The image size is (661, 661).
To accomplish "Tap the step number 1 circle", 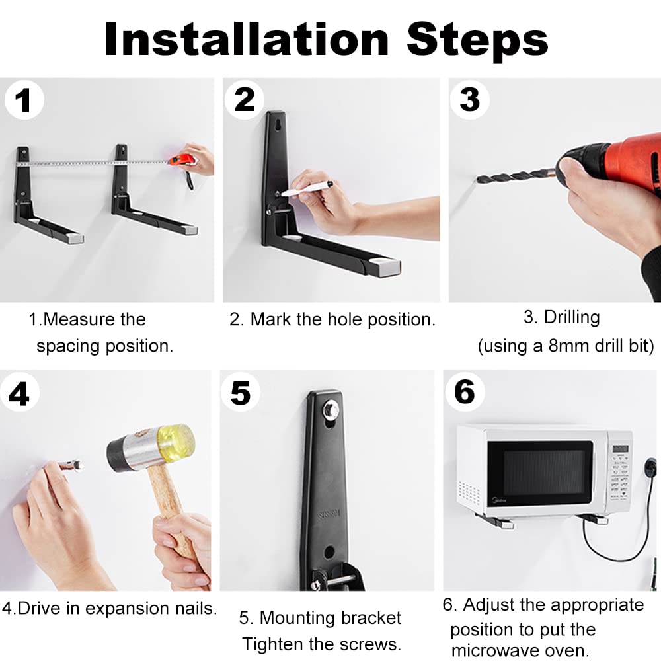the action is pos(24,100).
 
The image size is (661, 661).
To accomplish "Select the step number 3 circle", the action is pos(469,100).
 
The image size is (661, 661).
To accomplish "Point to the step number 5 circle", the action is pos(241,393).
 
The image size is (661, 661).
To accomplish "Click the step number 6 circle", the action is pos(465,392).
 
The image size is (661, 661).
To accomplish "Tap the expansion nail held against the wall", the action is pos(71,465).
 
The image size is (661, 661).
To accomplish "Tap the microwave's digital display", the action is pos(620,449).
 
